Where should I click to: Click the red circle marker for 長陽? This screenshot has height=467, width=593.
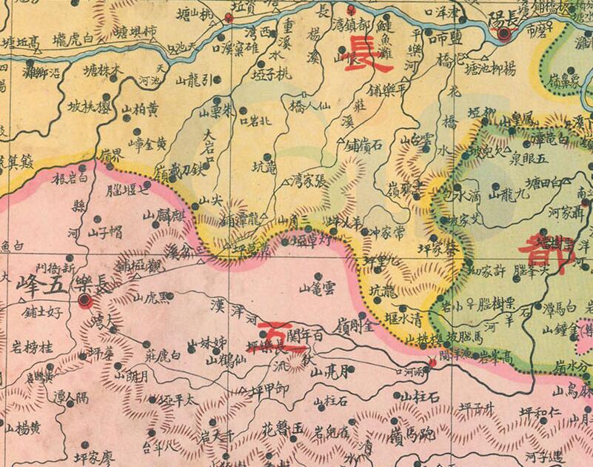click(x=505, y=33)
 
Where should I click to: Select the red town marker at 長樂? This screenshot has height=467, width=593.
click(x=85, y=300)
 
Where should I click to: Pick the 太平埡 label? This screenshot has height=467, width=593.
click(x=171, y=399)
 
